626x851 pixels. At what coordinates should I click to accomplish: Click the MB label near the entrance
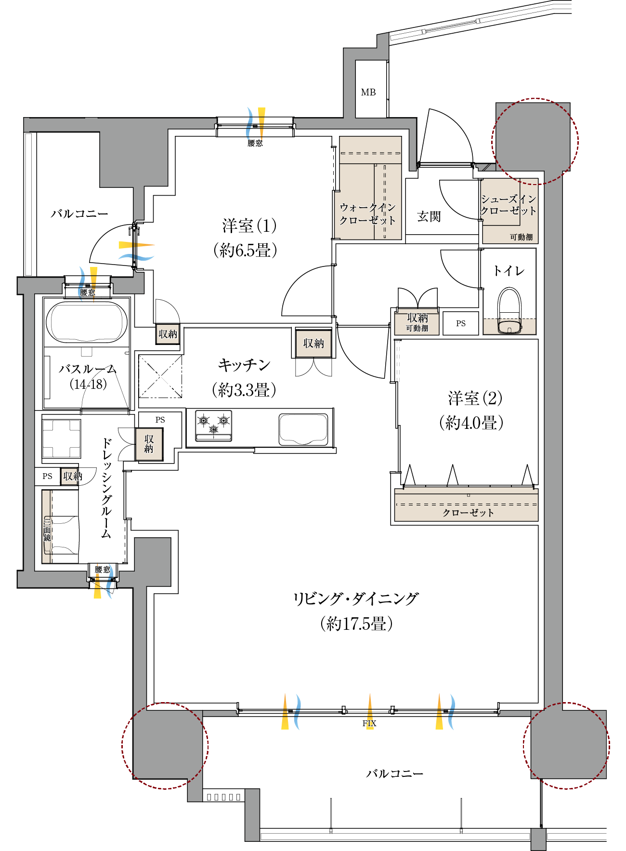coord(368,92)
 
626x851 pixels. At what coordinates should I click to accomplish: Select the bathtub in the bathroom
coord(87,322)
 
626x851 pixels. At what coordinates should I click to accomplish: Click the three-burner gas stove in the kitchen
coord(213,425)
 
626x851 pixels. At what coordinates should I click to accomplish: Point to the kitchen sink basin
coord(303,429)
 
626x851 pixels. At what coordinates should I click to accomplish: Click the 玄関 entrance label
coord(429,216)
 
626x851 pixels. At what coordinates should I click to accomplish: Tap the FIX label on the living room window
coord(369,723)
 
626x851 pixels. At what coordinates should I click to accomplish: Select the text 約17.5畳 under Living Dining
coord(356,624)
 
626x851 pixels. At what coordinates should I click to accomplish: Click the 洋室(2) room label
coord(475,399)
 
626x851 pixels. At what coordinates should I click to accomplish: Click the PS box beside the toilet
coord(461,323)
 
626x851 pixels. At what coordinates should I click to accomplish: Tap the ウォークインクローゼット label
coord(367,214)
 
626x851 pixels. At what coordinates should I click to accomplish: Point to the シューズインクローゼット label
coord(509,205)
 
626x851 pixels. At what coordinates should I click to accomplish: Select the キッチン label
coord(244,365)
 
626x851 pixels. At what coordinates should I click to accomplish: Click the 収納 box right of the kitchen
coord(313,343)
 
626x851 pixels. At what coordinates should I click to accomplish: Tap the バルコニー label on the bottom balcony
coord(394,773)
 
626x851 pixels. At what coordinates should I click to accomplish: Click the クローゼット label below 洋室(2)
coord(468,513)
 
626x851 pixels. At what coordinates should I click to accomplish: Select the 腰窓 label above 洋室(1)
coord(255,143)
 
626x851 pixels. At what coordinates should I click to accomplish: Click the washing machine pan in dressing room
coord(61,439)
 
